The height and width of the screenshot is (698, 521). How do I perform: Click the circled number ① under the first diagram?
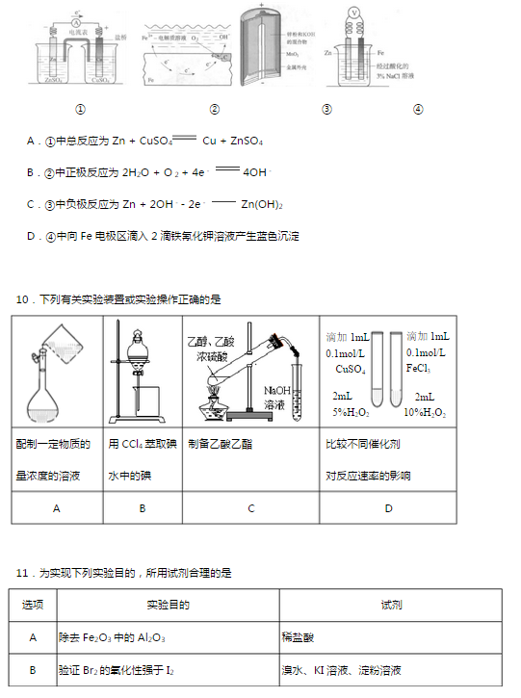[x=81, y=109]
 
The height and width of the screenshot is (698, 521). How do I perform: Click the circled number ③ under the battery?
[x=326, y=109]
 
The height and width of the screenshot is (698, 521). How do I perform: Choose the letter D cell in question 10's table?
[x=388, y=507]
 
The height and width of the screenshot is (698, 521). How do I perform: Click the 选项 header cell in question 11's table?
[x=34, y=605]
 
